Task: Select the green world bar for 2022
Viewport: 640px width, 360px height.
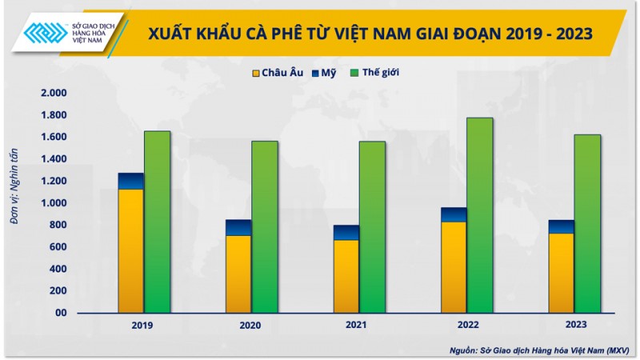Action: (480, 215)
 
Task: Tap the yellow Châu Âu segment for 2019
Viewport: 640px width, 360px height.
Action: (131, 250)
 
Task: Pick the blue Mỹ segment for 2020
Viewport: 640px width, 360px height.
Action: (238, 228)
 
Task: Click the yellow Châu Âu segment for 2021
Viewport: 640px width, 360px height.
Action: (346, 276)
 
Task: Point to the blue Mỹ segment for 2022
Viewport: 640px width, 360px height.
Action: (454, 214)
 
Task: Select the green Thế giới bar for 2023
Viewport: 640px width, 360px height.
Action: (587, 223)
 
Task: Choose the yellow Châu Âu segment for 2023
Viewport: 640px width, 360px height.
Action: (561, 273)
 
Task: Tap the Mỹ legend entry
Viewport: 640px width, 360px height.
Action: (323, 73)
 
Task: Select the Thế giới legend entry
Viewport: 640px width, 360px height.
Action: (374, 73)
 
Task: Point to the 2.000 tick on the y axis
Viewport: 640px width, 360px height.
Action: (54, 94)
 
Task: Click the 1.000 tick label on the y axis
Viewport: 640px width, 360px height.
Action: (54, 203)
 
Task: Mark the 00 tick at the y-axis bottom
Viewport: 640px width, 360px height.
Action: (61, 313)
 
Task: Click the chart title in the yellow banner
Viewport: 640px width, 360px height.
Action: (370, 33)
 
